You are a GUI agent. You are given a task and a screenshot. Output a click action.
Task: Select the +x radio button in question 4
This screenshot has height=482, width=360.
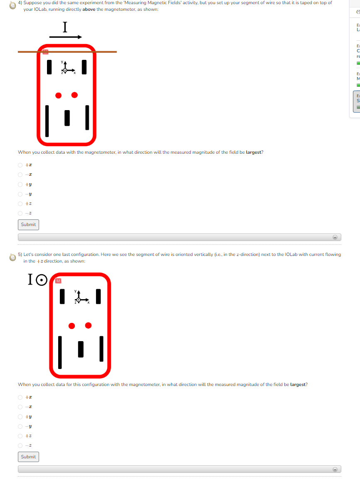click(x=20, y=165)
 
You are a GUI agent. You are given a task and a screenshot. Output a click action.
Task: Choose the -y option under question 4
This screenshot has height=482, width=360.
click(x=20, y=194)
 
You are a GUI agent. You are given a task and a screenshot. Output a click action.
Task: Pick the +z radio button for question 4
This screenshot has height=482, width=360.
click(x=20, y=204)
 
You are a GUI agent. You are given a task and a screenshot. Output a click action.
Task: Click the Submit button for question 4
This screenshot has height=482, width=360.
click(x=28, y=224)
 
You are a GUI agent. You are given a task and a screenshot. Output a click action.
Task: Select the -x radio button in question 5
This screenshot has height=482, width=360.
click(x=20, y=407)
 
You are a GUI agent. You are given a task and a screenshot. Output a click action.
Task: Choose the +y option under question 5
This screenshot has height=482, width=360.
click(x=20, y=416)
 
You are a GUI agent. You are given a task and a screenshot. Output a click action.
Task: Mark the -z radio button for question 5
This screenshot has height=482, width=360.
click(x=20, y=445)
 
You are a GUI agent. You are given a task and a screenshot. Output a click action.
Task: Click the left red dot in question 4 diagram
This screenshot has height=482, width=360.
click(x=59, y=96)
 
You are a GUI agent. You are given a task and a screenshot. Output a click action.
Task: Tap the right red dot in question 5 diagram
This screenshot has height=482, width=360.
click(x=88, y=325)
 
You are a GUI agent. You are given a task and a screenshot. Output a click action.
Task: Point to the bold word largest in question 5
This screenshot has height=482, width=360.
click(x=298, y=384)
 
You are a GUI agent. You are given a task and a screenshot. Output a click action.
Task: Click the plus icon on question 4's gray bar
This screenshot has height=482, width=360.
click(x=335, y=237)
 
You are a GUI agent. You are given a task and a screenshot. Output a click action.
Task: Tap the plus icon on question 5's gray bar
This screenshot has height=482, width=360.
click(x=335, y=469)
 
